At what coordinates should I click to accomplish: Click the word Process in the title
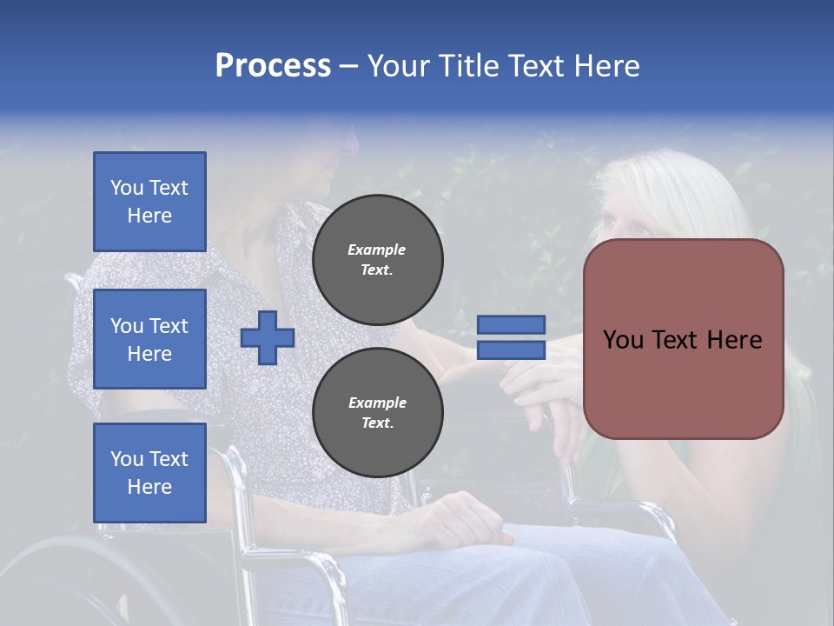pyautogui.click(x=273, y=65)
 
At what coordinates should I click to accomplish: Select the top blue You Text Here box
pyautogui.click(x=149, y=202)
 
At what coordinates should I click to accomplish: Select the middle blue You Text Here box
pyautogui.click(x=149, y=339)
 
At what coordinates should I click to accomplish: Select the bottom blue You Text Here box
pyautogui.click(x=149, y=472)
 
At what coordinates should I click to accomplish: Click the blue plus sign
pyautogui.click(x=268, y=338)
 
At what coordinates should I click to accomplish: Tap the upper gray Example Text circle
pyautogui.click(x=378, y=259)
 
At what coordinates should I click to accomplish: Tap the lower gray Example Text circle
pyautogui.click(x=378, y=412)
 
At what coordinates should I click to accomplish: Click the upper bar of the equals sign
pyautogui.click(x=512, y=324)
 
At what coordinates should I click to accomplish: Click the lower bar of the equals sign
pyautogui.click(x=512, y=350)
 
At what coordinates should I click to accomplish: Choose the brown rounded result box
pyautogui.click(x=683, y=383)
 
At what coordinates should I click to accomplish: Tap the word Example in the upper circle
pyautogui.click(x=376, y=250)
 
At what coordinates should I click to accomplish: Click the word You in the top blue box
pyautogui.click(x=127, y=188)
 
